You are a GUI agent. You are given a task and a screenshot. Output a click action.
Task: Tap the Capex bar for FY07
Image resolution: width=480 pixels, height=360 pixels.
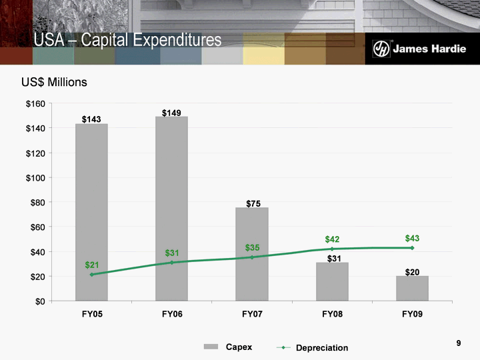tap(252, 254)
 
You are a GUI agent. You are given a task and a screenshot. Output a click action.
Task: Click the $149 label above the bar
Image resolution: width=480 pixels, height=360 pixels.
tap(171, 113)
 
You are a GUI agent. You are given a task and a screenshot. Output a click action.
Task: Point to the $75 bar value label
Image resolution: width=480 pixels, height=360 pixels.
tap(253, 203)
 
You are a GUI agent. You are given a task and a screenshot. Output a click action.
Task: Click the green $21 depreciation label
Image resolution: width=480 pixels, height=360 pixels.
tap(92, 265)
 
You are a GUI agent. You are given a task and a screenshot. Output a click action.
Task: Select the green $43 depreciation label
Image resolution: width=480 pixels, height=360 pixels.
tap(413, 238)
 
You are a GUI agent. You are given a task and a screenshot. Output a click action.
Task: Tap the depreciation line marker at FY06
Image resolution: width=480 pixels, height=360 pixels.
tap(172, 262)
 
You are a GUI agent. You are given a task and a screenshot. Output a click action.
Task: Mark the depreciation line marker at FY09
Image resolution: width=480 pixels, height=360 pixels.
tap(412, 248)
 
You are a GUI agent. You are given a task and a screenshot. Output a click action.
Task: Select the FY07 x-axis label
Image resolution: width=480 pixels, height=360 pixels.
tap(252, 313)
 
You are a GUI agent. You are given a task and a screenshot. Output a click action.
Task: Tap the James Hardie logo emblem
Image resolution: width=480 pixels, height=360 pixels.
tap(381, 49)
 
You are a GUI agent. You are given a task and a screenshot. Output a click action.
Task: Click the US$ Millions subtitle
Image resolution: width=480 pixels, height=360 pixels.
tap(54, 82)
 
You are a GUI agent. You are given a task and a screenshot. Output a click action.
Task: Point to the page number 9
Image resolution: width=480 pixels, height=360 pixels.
tap(459, 343)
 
